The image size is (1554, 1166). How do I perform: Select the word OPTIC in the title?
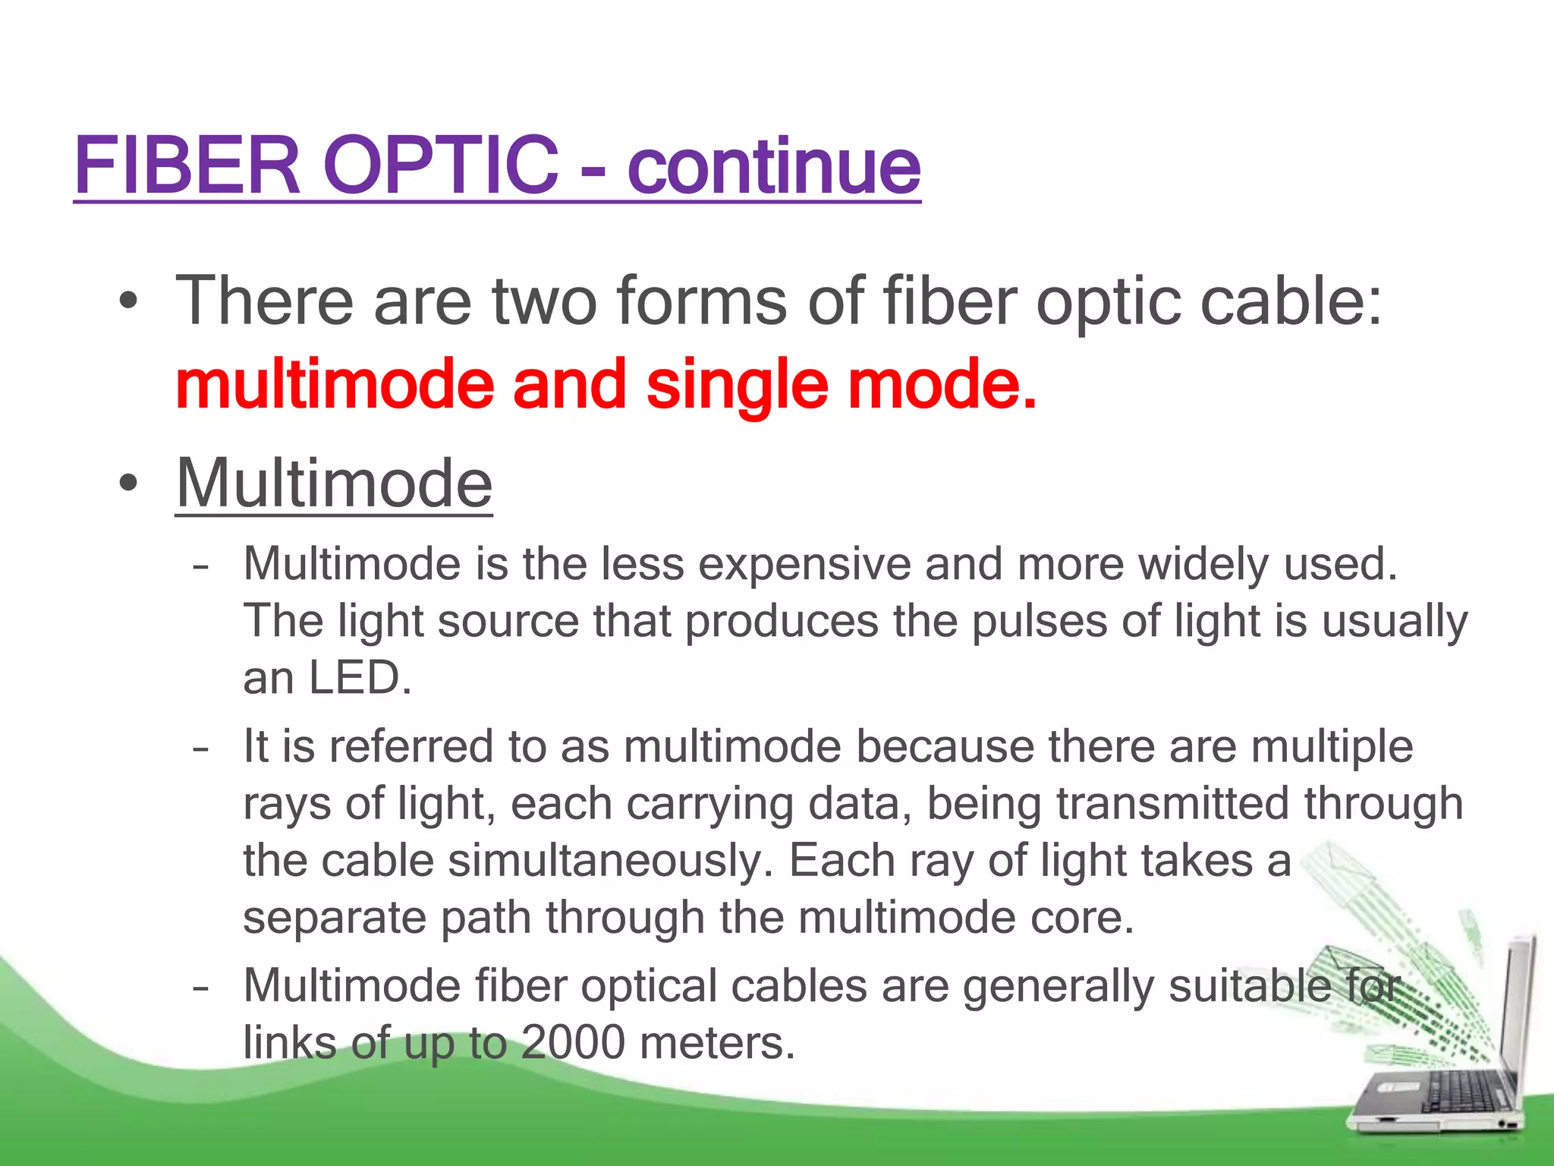point(441,165)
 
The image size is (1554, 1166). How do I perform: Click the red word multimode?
point(334,385)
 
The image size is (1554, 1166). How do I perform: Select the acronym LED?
point(360,678)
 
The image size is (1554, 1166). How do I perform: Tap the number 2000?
point(573,1043)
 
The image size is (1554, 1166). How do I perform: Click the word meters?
point(717,1043)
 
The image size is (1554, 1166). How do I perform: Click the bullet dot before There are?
point(128,301)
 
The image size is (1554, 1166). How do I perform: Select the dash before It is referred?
point(200,748)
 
